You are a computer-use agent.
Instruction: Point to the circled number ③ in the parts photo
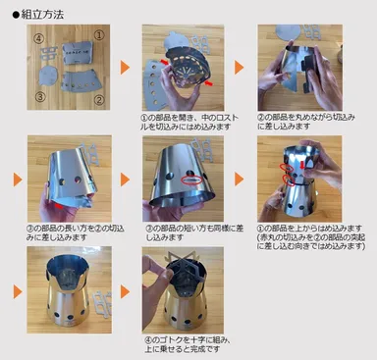pos(40,96)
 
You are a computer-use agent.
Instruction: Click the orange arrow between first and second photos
pos(126,67)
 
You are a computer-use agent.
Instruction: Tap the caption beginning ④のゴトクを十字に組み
pos(187,344)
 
